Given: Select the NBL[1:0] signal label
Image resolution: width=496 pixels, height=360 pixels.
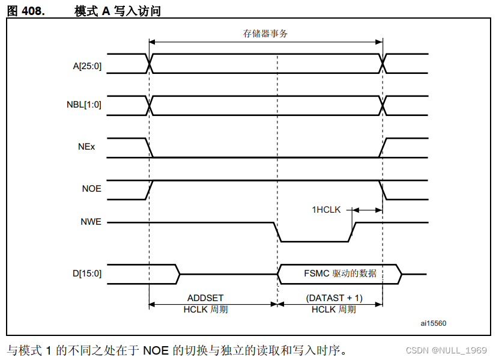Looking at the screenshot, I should (83, 105).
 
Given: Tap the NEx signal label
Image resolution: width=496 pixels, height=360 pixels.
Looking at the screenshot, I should (88, 147).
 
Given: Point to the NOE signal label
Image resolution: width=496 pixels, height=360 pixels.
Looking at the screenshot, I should (91, 189).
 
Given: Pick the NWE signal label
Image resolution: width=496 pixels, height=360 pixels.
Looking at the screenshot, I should (91, 222).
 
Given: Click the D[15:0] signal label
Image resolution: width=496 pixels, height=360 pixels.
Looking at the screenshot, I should (86, 273).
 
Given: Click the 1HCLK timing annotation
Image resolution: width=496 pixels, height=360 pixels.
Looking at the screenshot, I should (326, 210).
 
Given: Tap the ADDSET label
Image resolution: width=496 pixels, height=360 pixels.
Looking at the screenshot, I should (205, 298).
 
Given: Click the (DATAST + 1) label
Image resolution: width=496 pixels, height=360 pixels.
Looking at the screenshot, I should (334, 298).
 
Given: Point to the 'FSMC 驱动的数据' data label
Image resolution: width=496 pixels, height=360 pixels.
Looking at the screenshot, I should (340, 273).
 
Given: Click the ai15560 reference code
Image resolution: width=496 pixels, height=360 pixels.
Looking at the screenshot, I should (433, 323).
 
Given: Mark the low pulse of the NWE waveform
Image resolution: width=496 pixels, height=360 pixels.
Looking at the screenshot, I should (314, 242).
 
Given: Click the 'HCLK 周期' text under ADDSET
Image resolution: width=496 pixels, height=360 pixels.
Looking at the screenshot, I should (205, 309).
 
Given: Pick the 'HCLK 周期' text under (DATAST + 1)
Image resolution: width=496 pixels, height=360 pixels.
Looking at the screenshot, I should (334, 309).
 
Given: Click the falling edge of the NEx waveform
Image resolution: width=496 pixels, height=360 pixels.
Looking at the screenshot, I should (150, 148).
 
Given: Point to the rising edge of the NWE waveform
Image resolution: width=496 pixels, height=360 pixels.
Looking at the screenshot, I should (352, 232).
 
